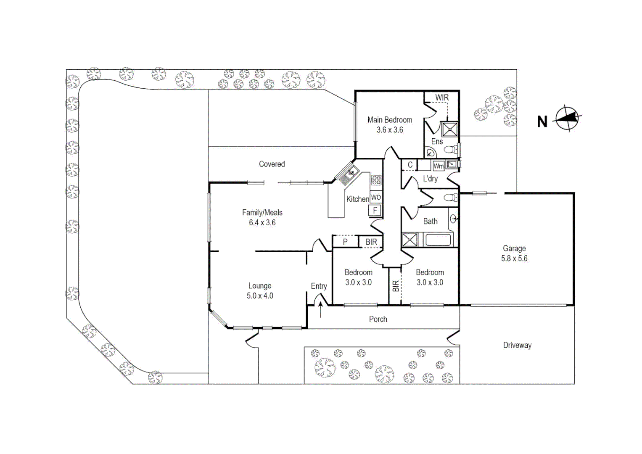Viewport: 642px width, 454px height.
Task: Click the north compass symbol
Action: tap(568, 118)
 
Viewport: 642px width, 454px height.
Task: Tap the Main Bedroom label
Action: tap(389, 120)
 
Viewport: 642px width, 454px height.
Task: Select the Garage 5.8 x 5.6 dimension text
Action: tap(514, 259)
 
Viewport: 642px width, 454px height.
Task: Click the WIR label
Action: tap(441, 98)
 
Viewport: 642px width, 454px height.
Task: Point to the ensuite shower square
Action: tap(449, 129)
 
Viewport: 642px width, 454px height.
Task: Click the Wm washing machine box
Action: tap(438, 166)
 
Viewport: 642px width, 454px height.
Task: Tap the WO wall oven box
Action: tap(375, 197)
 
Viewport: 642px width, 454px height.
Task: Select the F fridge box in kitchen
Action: tap(375, 210)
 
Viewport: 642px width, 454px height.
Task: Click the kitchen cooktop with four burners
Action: tap(376, 180)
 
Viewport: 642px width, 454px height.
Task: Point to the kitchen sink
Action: tap(349, 174)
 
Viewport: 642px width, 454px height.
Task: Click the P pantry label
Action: tap(345, 242)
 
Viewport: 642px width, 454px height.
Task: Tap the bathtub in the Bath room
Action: tap(438, 240)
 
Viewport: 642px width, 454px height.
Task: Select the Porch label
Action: tap(378, 319)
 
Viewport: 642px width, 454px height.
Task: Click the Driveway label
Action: tap(517, 345)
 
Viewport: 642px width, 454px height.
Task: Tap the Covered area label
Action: tap(272, 164)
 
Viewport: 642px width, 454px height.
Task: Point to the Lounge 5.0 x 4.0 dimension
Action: tap(259, 296)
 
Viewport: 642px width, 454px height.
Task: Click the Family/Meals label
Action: tap(262, 213)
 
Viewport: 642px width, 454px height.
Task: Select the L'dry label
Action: tap(430, 179)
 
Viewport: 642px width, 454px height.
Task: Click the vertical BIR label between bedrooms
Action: tap(395, 286)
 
